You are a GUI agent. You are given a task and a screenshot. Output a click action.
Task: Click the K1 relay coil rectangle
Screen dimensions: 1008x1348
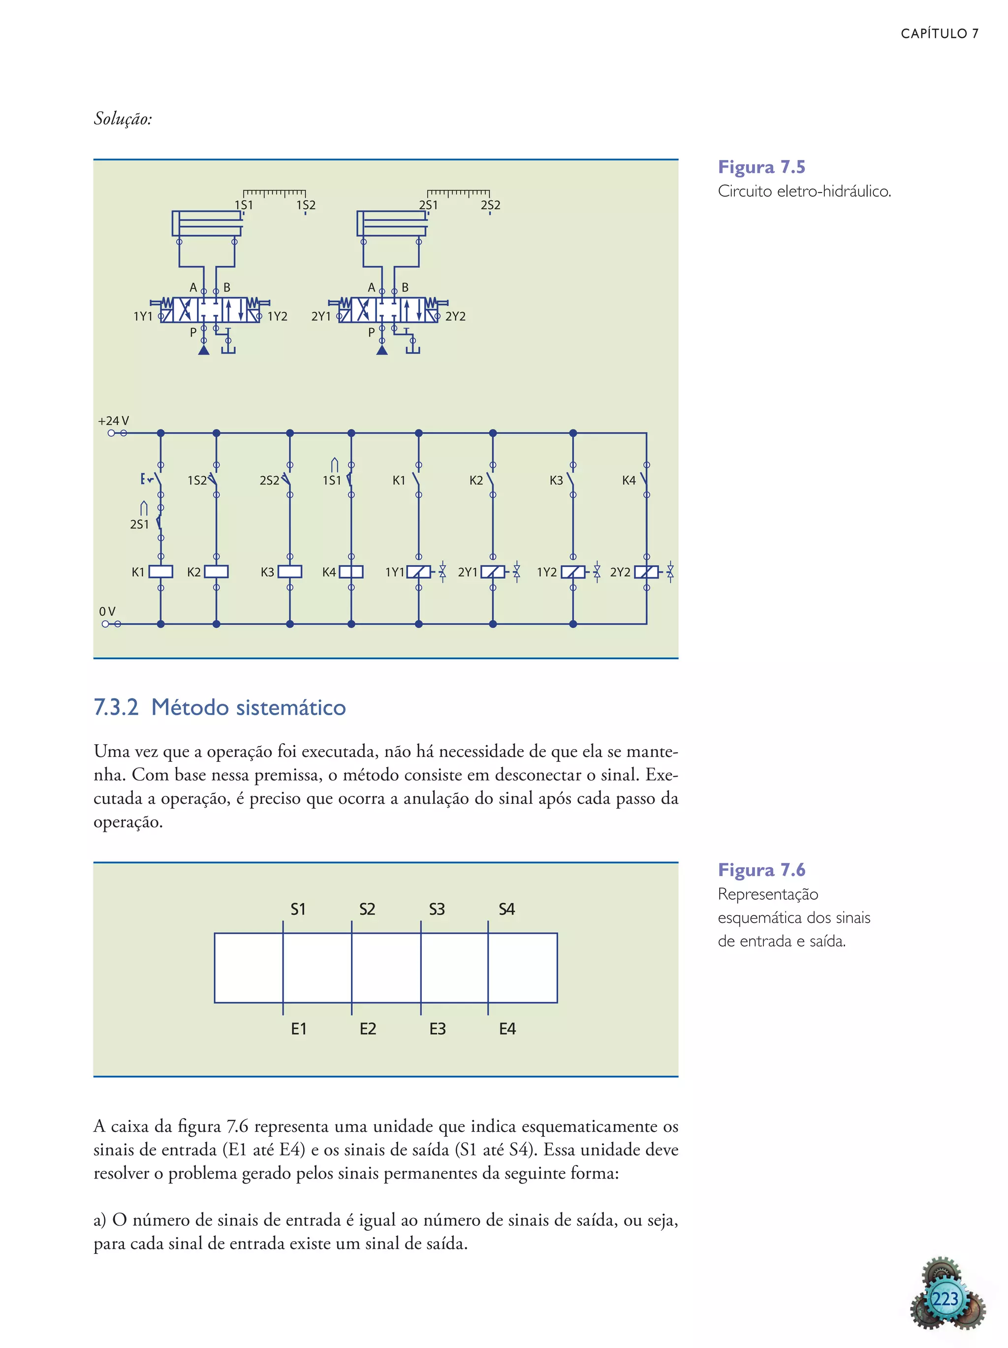(161, 572)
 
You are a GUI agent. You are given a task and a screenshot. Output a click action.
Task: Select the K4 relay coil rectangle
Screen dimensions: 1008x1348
(351, 572)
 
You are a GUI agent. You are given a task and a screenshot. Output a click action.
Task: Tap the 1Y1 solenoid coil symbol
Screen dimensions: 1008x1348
(418, 572)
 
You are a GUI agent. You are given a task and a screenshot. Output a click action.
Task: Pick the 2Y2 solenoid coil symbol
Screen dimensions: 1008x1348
(646, 572)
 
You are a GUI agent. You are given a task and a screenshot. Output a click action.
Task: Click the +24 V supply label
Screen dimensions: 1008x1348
(113, 421)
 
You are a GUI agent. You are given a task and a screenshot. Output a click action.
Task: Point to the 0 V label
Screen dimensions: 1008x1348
(107, 611)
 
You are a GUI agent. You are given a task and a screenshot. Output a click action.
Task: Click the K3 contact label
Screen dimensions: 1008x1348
(556, 480)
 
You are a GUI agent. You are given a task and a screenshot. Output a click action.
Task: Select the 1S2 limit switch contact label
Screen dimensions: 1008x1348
(197, 480)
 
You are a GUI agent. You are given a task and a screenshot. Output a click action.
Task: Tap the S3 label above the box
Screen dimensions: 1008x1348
(437, 909)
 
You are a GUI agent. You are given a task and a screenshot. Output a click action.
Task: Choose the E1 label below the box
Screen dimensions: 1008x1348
(298, 1029)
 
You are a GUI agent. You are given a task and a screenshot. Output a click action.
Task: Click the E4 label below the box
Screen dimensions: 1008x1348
(507, 1029)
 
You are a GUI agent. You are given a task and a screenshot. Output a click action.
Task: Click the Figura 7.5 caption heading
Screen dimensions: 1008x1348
(761, 167)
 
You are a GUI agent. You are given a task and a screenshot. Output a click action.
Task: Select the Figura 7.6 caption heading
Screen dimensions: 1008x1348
(761, 870)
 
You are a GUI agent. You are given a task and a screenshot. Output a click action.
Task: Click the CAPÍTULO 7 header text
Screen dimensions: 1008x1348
(939, 33)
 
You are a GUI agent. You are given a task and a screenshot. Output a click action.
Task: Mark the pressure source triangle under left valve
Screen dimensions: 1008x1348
(204, 350)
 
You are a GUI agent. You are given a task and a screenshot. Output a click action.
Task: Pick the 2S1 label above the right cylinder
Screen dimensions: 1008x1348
(428, 205)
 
